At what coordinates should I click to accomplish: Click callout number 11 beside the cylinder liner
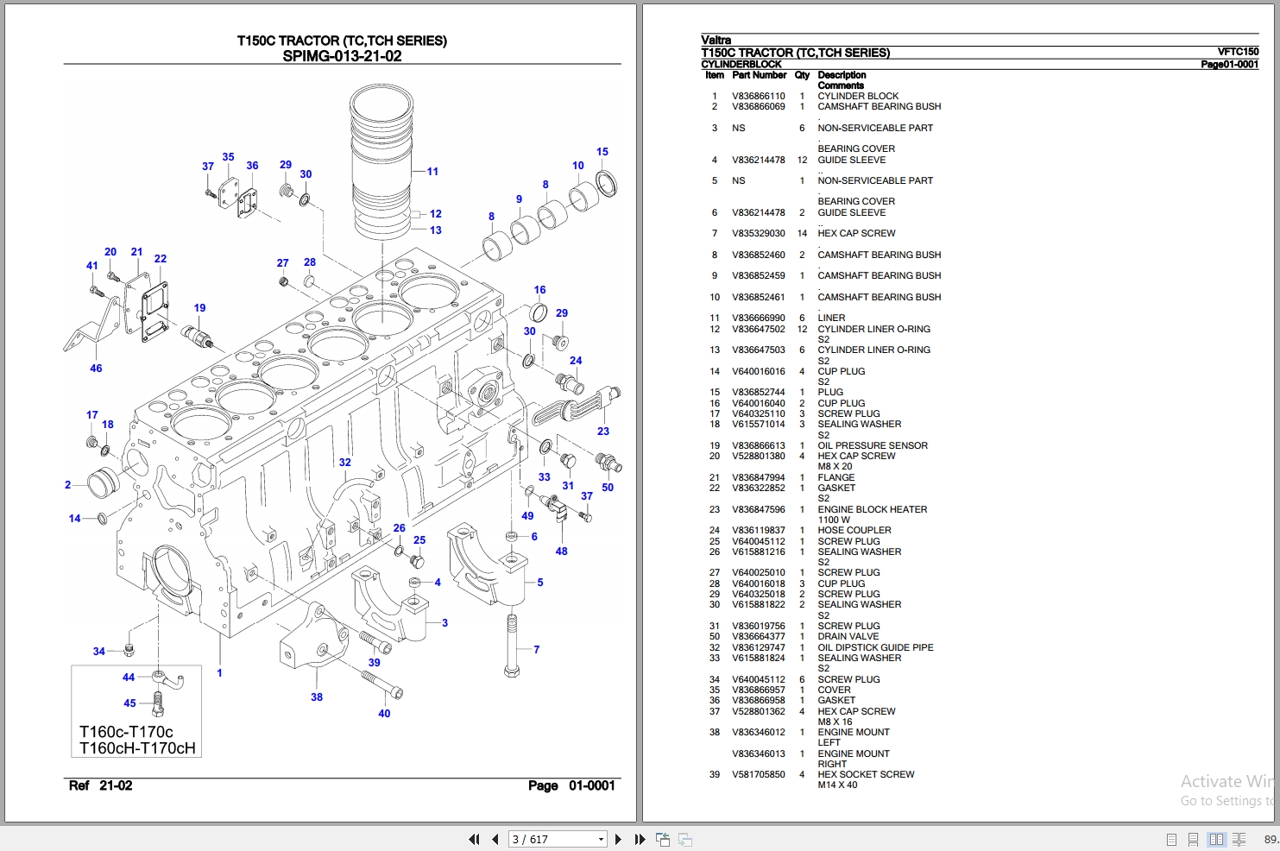432,172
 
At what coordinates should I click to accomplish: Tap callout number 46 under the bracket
96,369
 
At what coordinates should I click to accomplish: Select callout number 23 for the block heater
602,432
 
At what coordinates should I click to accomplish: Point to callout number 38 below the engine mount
317,697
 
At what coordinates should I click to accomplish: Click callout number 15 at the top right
602,152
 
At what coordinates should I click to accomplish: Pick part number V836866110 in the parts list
758,96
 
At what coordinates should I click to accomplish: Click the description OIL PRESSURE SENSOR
873,445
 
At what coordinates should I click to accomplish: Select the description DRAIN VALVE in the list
848,637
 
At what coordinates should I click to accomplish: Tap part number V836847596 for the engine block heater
758,509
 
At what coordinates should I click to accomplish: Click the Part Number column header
759,75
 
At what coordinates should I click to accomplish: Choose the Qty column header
802,75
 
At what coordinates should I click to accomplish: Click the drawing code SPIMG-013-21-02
342,56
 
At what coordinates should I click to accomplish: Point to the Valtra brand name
716,40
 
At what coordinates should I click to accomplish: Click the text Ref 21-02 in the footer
100,785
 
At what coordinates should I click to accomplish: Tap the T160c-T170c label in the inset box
126,732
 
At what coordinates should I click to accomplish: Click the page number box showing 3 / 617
558,839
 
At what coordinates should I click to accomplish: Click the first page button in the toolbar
474,839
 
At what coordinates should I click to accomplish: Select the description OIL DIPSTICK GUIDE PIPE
875,647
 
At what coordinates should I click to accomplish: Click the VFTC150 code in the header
1238,52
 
